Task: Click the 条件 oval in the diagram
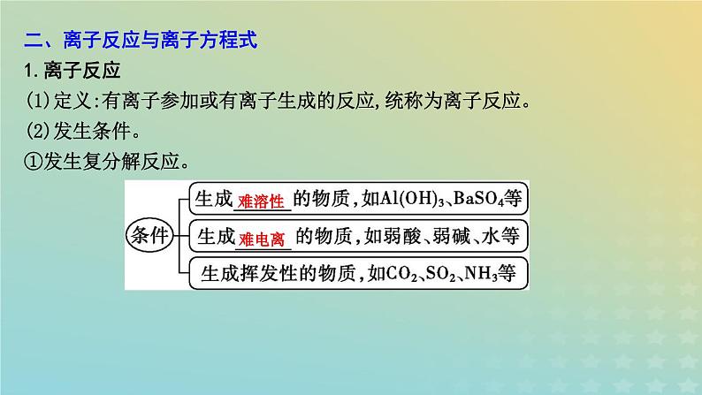click(154, 234)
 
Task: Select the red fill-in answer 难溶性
click(262, 201)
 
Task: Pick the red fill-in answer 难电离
click(262, 236)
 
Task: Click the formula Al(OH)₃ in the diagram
click(401, 201)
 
